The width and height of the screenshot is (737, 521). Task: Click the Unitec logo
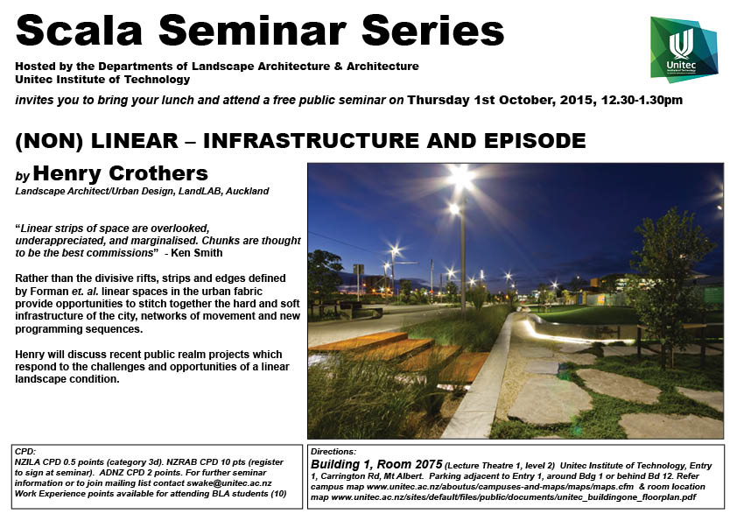684,50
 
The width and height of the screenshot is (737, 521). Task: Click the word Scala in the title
79,31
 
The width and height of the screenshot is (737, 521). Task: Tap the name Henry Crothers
120,173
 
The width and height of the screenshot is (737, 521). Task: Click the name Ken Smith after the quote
196,253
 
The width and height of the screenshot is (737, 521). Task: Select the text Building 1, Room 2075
376,465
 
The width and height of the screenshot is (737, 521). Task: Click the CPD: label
25,452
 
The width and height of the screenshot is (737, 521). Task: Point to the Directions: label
333,452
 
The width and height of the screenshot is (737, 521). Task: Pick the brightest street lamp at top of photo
461,177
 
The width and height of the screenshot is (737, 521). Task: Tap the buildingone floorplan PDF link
514,497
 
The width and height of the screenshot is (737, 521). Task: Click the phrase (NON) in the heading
49,141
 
